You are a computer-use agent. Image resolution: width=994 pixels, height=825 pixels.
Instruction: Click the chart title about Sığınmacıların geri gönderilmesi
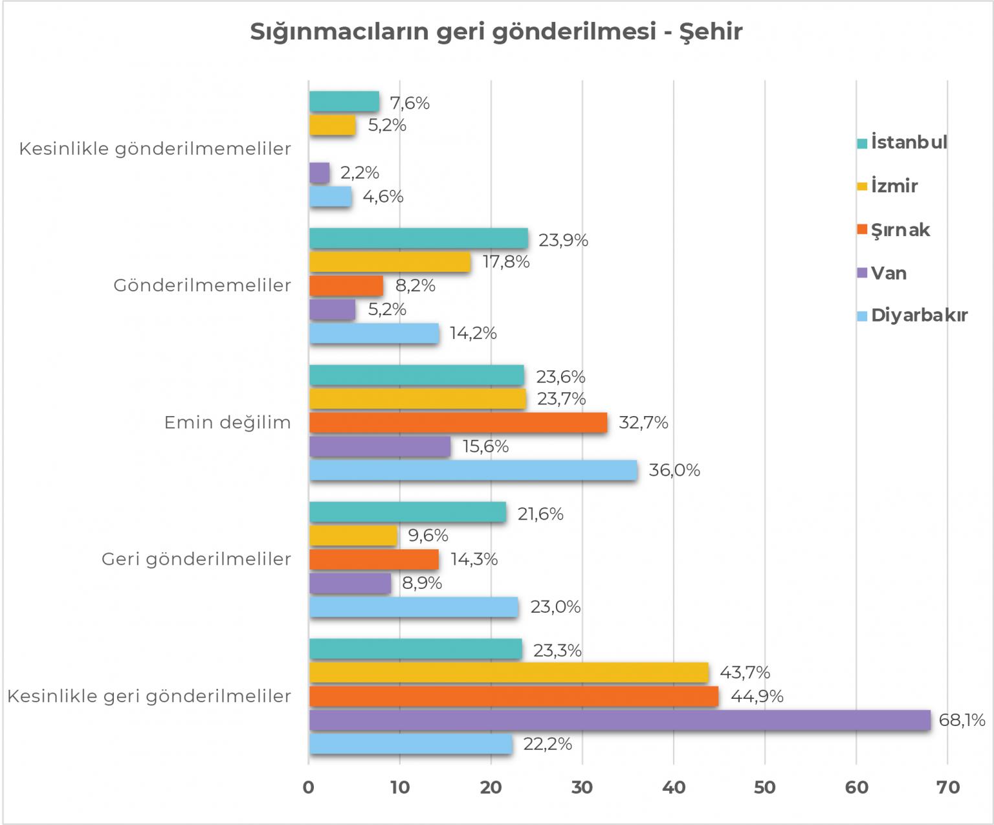tap(496, 31)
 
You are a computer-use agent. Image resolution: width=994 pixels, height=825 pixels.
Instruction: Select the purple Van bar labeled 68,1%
tap(619, 720)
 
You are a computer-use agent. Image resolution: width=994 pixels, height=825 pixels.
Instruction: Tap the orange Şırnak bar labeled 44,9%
tap(514, 696)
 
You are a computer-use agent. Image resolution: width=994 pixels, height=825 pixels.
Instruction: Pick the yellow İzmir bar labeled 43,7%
tap(509, 673)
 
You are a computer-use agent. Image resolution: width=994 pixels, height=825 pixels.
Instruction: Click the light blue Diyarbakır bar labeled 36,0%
tap(473, 470)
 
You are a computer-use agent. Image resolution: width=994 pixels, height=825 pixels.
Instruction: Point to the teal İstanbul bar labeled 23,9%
tap(419, 239)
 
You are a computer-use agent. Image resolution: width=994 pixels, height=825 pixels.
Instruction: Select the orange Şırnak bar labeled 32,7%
tap(458, 423)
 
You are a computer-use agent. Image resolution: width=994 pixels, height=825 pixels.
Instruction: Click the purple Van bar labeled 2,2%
tap(320, 173)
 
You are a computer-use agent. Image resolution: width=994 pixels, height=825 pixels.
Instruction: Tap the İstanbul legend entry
tap(902, 142)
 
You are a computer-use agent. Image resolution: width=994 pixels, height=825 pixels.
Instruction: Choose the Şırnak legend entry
tap(894, 230)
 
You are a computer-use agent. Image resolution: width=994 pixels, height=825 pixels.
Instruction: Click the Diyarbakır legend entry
tap(912, 316)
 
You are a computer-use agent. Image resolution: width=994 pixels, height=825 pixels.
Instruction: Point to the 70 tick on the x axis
tap(948, 787)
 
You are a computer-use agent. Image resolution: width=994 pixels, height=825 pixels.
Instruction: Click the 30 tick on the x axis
tap(582, 787)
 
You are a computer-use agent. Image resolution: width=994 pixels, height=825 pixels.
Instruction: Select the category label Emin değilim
tap(228, 423)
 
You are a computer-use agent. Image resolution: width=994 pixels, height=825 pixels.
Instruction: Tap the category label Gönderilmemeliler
tap(203, 285)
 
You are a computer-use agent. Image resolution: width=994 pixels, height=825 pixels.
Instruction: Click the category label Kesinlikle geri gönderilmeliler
tap(149, 696)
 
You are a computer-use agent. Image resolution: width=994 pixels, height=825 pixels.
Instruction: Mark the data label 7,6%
tap(410, 103)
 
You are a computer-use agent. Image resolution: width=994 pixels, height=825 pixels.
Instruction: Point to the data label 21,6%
tap(540, 514)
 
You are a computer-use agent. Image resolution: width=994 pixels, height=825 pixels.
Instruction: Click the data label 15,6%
tap(485, 446)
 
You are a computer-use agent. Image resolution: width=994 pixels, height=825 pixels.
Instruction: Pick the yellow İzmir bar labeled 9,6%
tap(353, 536)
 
